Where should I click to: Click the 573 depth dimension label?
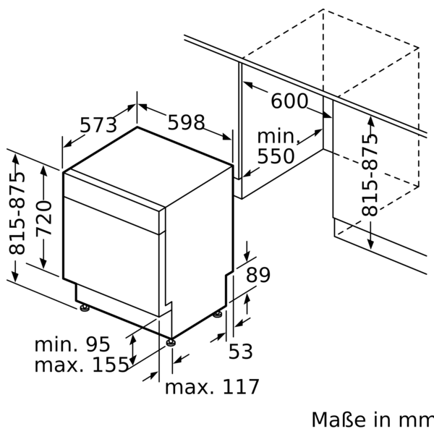point(98,125)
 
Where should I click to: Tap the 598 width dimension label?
point(186,123)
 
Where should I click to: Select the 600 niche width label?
point(289,101)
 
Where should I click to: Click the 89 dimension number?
point(258,275)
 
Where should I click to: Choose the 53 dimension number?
point(241,352)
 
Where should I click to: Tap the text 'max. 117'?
point(212,387)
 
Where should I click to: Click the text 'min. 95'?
point(72,344)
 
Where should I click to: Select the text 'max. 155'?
point(81,365)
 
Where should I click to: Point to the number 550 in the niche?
point(276,156)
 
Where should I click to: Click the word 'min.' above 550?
point(278,136)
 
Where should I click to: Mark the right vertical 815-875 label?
point(370,174)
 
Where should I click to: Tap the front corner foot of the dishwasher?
point(170,341)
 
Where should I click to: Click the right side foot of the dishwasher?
point(218,314)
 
